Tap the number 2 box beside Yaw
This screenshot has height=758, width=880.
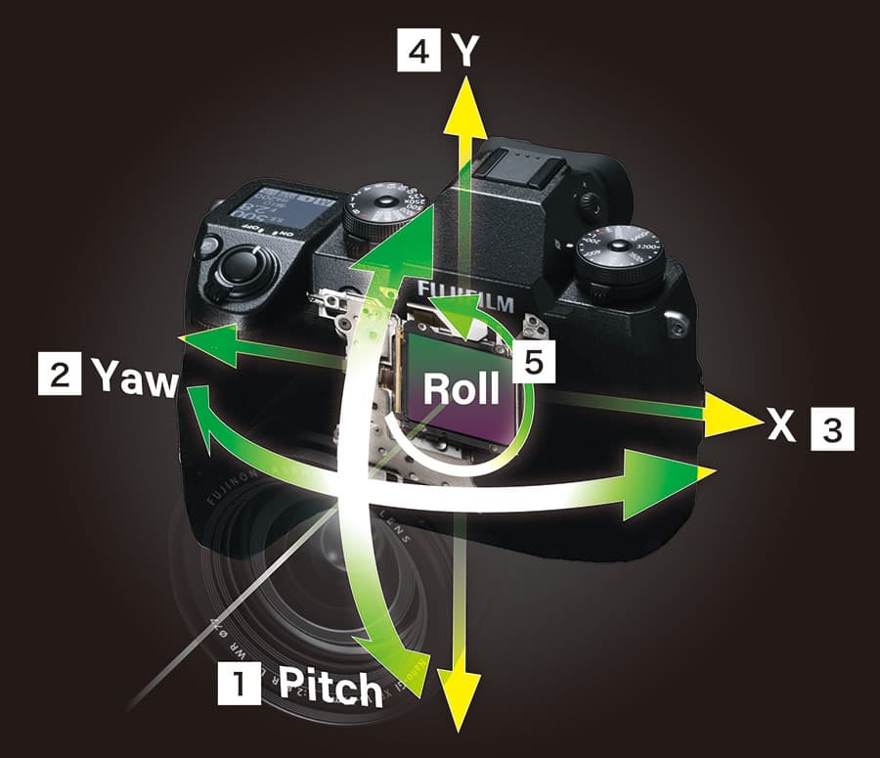(x=57, y=376)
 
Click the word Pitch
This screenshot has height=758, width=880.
(x=330, y=688)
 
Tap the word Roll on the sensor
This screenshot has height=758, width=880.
(x=460, y=388)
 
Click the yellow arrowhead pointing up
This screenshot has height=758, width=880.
(x=465, y=98)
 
